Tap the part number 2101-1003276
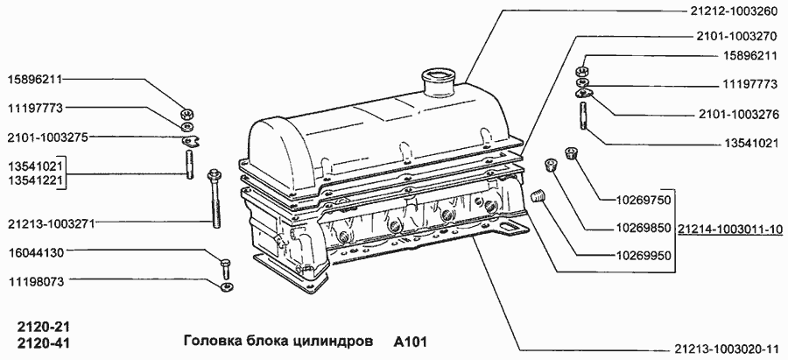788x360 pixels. [737, 116]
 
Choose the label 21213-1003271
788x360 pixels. [51, 222]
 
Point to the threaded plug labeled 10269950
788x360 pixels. [539, 196]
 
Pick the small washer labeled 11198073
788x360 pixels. [226, 285]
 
